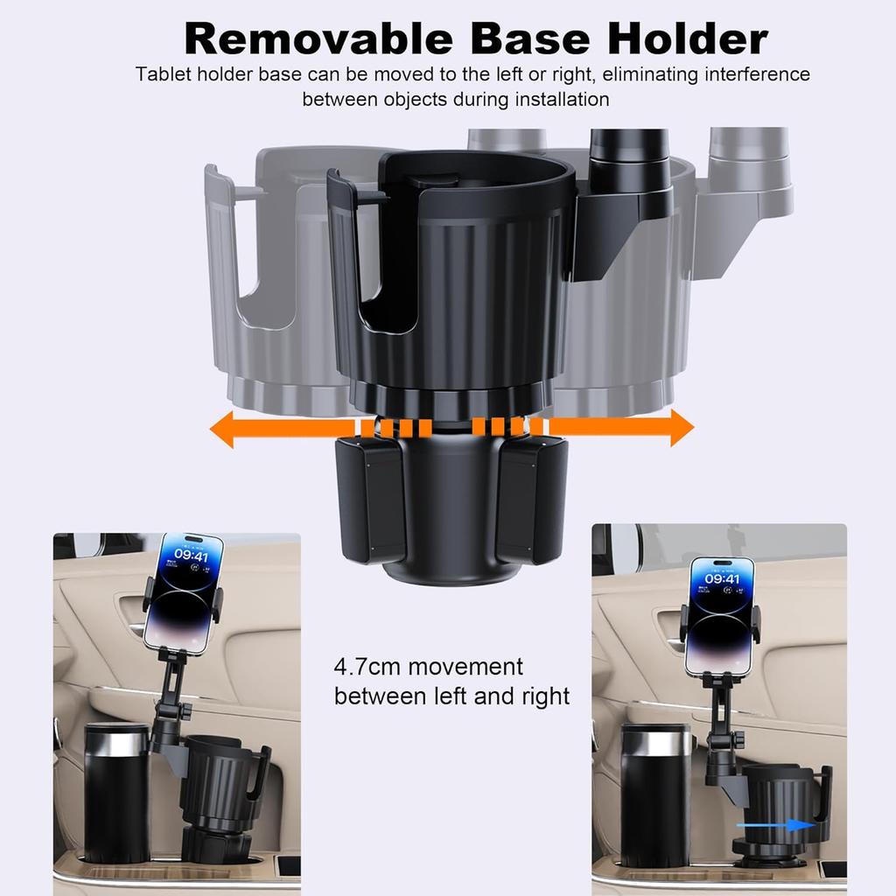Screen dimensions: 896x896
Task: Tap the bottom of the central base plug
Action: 450,573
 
